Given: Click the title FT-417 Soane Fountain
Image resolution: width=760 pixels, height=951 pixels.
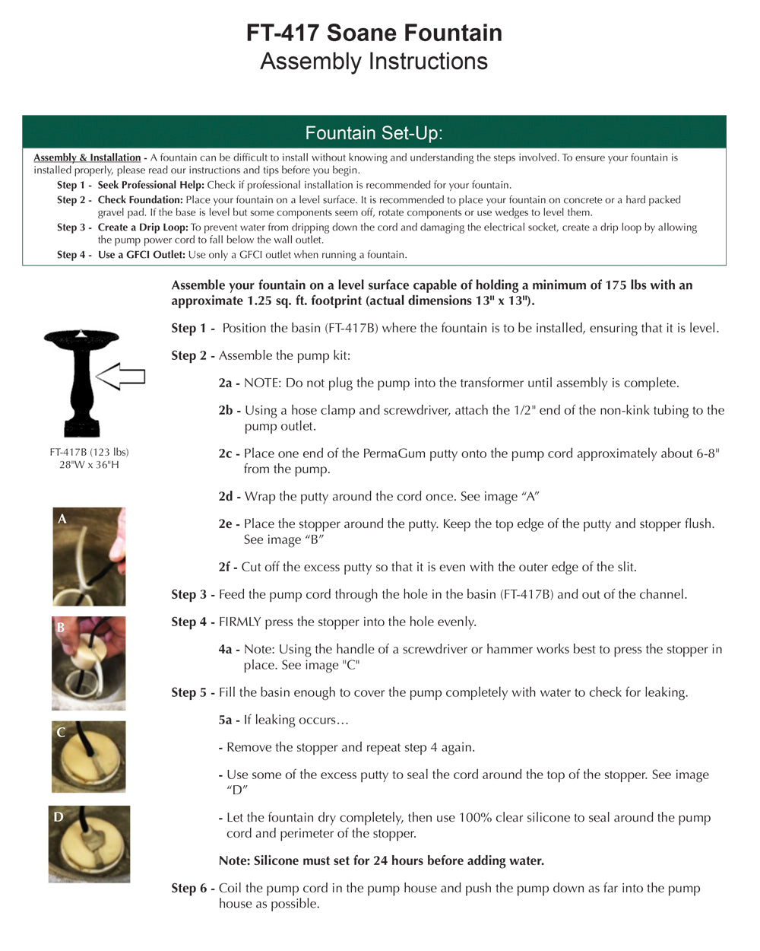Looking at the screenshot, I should [374, 33].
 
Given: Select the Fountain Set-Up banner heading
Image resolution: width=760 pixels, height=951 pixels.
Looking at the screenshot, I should [374, 133].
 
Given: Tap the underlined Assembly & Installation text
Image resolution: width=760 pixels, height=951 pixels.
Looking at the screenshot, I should [87, 157].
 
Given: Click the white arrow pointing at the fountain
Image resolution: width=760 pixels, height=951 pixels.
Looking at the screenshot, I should [122, 376].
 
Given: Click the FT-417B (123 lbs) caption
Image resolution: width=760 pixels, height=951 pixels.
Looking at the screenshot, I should [89, 452].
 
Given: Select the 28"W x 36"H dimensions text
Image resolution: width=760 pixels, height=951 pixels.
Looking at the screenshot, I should [89, 465].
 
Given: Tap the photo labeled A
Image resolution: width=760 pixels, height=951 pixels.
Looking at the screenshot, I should [89, 556].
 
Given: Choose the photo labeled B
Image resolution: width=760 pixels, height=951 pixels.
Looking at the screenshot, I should [89, 663].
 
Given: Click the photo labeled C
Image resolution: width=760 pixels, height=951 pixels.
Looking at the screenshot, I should [89, 757].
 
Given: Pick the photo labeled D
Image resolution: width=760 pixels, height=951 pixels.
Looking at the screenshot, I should [89, 844].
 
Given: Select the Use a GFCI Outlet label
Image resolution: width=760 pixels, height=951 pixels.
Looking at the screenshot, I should [141, 255].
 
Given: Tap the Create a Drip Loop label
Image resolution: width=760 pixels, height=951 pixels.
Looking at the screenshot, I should [143, 227].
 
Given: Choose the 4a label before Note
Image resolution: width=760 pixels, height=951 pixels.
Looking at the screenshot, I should [229, 650].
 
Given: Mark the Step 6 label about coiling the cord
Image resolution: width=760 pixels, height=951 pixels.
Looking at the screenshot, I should [192, 889].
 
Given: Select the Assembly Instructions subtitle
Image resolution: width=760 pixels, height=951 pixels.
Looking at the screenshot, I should [374, 62].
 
